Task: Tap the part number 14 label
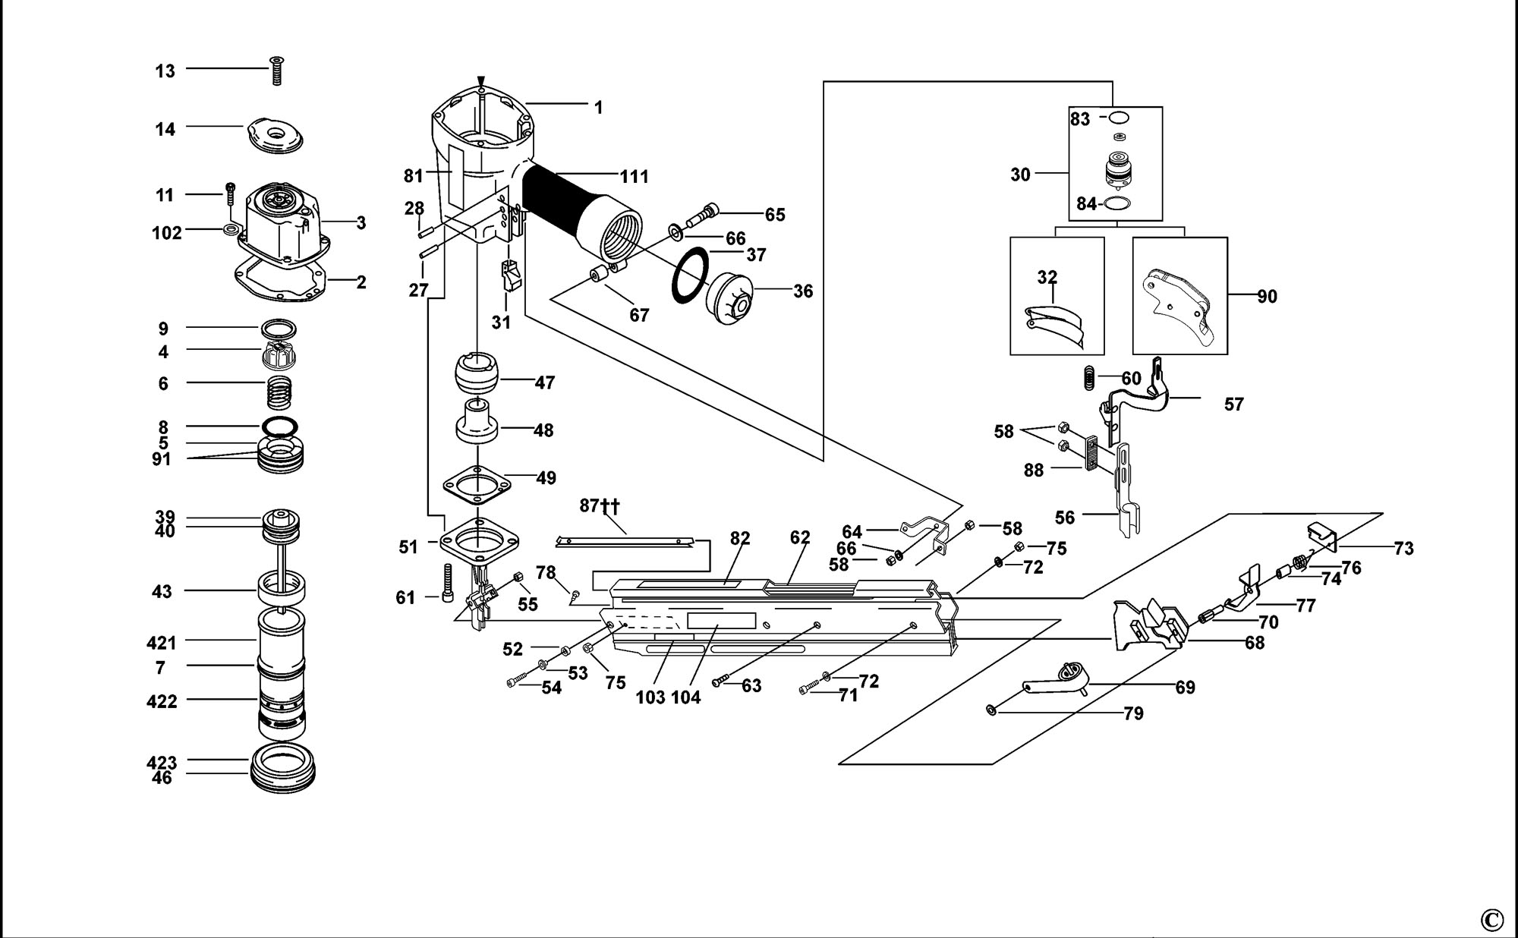(x=165, y=129)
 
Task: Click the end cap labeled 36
(x=729, y=298)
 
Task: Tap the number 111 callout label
(x=635, y=177)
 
